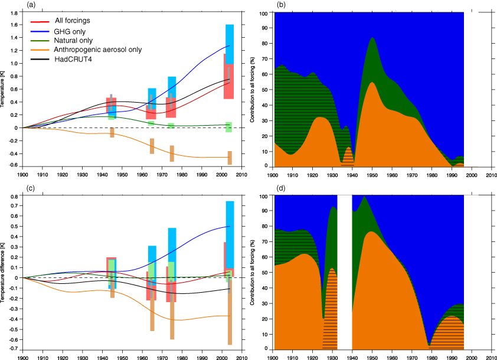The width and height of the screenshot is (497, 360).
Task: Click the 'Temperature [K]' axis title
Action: pos(4,89)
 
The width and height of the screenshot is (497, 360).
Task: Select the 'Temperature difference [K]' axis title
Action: pos(4,272)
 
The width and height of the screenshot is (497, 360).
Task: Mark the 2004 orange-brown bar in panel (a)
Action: pos(230,158)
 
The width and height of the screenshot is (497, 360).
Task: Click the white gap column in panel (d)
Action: pos(345,271)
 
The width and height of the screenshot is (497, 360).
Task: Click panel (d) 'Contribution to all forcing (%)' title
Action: pos(253,272)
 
